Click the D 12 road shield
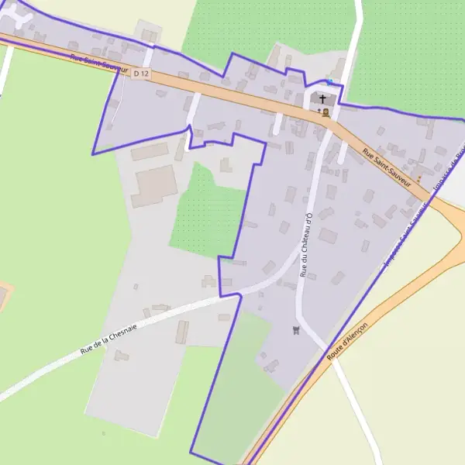pyautogui.click(x=140, y=73)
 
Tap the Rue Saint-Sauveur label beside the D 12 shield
pyautogui.click(x=96, y=64)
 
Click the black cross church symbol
pyautogui.click(x=323, y=99)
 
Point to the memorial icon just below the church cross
pyautogui.click(x=325, y=112)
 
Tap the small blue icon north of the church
pyautogui.click(x=329, y=81)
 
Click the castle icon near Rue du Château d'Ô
pyautogui.click(x=295, y=330)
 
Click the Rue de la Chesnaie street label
pyautogui.click(x=108, y=340)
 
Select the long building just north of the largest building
pyautogui.click(x=150, y=152)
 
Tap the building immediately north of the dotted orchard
pyautogui.click(x=226, y=164)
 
